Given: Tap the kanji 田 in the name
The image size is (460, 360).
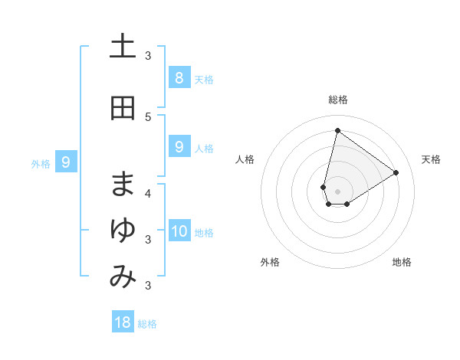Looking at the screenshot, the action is pos(123,107).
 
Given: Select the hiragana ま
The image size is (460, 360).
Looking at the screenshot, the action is pos(123,183).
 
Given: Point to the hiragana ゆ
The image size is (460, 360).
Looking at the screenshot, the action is pos(123,230).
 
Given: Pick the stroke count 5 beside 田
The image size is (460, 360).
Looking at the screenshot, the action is pos(148,116).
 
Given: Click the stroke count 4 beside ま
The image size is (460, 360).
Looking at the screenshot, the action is pos(148,192).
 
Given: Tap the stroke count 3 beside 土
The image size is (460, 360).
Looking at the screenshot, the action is pos(148,55).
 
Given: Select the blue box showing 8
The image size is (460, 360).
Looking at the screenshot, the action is pos(179,77).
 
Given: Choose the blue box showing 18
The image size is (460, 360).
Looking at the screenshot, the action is pos(123,322).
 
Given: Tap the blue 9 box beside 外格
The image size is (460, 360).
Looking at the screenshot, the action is pos(66,162).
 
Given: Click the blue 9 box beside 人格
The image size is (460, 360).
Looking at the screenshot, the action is pos(179,146).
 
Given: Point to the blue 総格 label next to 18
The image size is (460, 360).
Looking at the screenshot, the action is pos(147,324).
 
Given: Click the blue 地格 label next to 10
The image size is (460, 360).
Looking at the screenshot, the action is pos(204,232).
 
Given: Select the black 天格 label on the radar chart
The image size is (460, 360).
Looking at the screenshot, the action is pos(431,159).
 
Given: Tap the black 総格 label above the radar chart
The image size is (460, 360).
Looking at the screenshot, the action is pos(337,100).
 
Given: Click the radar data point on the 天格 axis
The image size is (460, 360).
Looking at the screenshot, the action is pos(396,173).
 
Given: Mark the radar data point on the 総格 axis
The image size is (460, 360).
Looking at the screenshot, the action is pos(337,130).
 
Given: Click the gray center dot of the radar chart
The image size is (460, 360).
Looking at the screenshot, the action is pos(337,191).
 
